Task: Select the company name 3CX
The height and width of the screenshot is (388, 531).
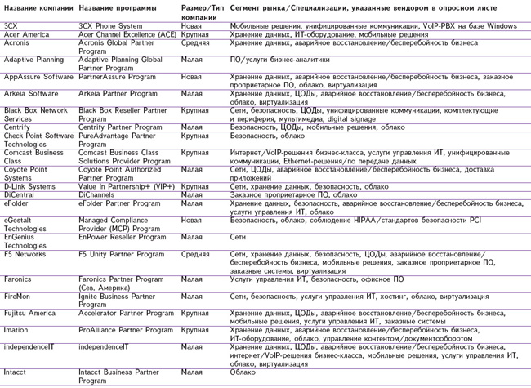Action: [x=11, y=26]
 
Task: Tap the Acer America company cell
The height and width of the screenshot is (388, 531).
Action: [x=26, y=35]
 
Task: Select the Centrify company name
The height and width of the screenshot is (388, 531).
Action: [x=17, y=127]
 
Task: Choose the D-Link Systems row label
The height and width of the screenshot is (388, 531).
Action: [x=29, y=186]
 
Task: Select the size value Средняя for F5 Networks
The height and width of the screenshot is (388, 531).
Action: [x=196, y=254]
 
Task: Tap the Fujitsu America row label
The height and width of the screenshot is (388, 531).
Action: [x=29, y=313]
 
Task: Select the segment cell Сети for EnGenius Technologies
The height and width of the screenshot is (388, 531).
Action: [x=239, y=237]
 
